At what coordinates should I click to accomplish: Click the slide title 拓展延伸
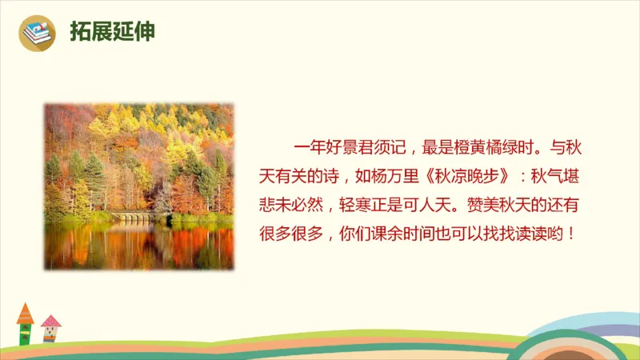pos(112,31)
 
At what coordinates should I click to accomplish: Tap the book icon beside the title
pos(37,33)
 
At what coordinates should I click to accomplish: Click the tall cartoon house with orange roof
pos(25,324)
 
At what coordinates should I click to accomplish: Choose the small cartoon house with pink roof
pos(50,327)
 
